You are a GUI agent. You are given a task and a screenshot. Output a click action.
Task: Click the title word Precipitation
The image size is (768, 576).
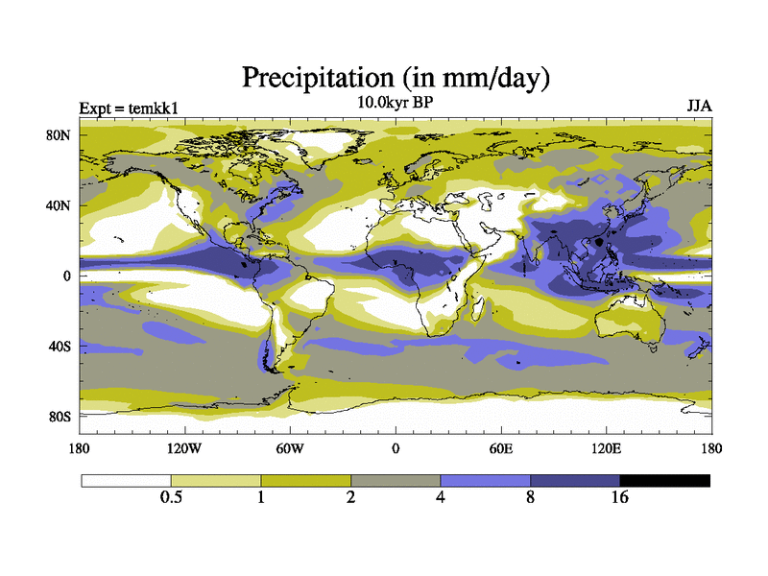click(x=317, y=77)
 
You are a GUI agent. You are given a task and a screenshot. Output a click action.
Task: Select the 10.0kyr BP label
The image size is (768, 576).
click(x=395, y=103)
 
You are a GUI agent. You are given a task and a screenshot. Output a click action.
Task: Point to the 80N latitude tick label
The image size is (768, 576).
click(x=60, y=135)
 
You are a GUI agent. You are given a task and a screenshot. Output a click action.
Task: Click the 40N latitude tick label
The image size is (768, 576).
click(x=60, y=205)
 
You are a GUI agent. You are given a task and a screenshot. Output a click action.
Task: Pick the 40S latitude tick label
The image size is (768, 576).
click(x=60, y=347)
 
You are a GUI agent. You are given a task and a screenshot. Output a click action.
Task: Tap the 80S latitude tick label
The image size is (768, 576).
click(x=60, y=417)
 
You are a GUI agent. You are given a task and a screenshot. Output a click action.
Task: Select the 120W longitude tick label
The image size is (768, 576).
click(x=185, y=448)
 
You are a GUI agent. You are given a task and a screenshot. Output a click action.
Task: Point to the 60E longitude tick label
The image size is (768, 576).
click(x=501, y=448)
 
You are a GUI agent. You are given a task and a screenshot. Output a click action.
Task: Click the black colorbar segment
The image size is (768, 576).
click(x=664, y=480)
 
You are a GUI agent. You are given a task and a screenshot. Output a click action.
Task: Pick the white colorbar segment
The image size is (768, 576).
click(x=126, y=480)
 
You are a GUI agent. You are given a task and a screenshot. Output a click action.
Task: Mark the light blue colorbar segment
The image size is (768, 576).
click(x=485, y=480)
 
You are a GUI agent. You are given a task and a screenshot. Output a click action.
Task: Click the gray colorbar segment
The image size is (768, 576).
click(x=396, y=480)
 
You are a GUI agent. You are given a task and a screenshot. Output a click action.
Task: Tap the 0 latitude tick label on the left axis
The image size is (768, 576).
click(x=67, y=276)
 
